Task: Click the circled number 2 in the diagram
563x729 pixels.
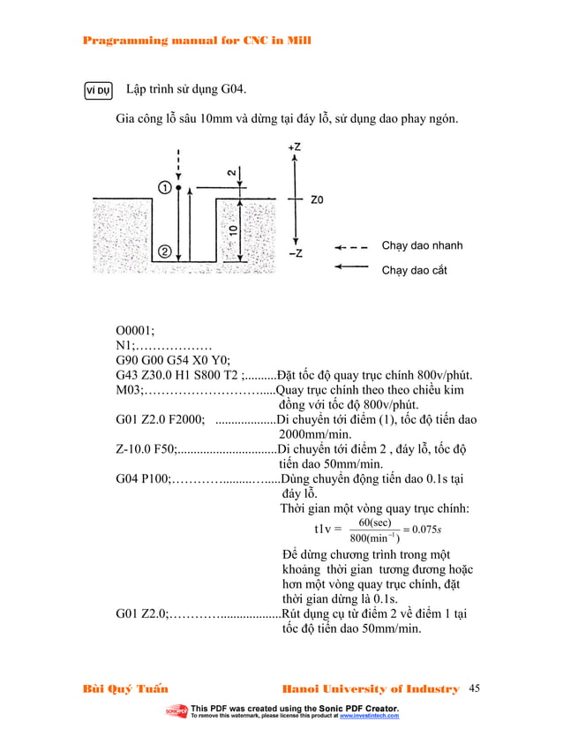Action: coord(165,252)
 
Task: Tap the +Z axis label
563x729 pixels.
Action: coord(294,147)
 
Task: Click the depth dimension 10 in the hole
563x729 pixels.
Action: coord(231,232)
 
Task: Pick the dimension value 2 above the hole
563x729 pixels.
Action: coord(231,174)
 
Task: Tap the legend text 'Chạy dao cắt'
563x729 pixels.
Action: coord(414,270)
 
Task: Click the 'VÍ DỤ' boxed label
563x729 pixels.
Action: coord(97,90)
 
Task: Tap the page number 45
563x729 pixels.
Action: coord(477,688)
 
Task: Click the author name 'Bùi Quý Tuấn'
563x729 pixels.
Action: coord(125,688)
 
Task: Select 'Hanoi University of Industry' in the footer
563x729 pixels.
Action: coord(370,688)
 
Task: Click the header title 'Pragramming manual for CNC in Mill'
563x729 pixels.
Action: coord(195,41)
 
